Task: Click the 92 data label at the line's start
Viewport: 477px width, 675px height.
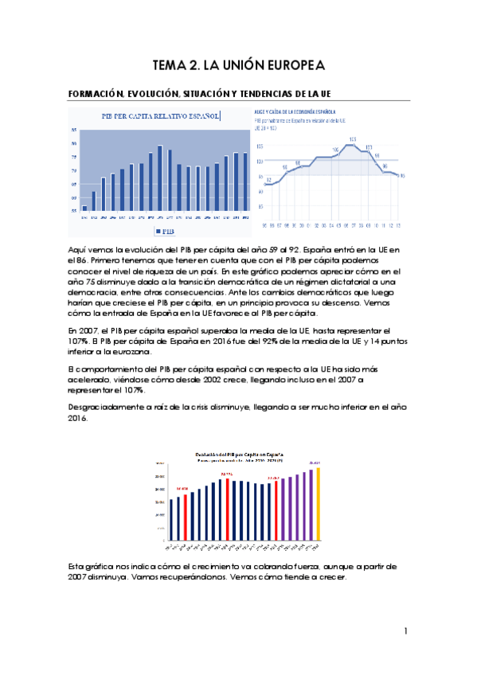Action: [x=268, y=181]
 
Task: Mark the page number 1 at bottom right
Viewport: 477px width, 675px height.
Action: [x=405, y=631]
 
